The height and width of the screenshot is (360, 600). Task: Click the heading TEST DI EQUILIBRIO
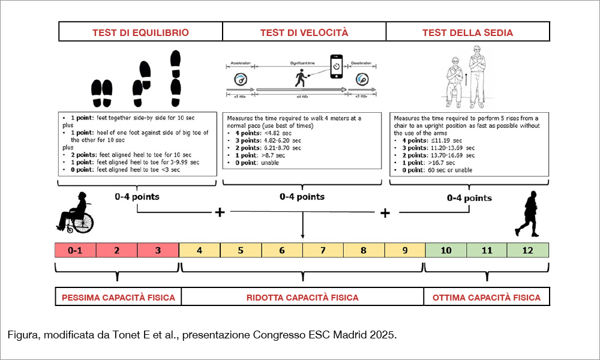coord(140,32)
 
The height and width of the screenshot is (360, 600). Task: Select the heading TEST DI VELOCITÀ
coord(304,32)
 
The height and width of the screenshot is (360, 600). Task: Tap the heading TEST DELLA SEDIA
coord(467,32)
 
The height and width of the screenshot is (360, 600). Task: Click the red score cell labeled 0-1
coord(75,250)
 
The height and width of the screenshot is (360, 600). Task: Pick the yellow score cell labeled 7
coord(322,250)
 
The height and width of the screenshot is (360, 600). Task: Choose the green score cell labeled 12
coord(528,250)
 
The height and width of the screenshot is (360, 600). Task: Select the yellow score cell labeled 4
coord(199,250)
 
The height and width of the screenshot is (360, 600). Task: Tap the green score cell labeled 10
coord(446,250)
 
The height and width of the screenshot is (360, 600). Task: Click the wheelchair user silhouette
coord(76,215)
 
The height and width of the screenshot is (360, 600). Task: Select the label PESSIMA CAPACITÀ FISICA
coord(118,297)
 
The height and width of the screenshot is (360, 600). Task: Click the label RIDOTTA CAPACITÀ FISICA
coord(302,297)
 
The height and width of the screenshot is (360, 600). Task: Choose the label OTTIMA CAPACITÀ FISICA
coord(486,297)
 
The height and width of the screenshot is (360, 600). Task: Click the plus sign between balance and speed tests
coord(220,212)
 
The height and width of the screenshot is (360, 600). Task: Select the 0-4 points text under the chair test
coord(469,198)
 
